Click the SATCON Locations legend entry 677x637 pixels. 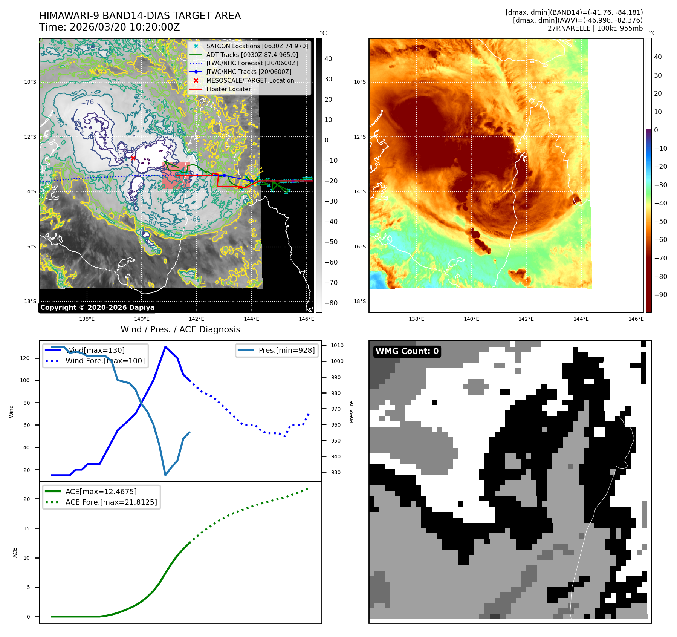coord(257,46)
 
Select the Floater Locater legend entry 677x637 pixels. coord(228,89)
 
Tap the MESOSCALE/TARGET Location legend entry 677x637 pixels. coord(250,81)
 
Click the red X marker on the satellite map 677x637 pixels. coord(133,158)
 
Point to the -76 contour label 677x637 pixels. coord(88,103)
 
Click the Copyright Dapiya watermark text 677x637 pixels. coord(97,308)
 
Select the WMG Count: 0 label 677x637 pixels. coord(407,351)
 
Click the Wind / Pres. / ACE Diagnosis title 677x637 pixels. coord(180,329)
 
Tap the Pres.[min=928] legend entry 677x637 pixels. coord(286,351)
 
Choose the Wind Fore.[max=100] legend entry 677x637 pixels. coord(105,361)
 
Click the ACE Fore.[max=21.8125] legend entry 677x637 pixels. coord(111,502)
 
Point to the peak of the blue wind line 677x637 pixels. coord(165,346)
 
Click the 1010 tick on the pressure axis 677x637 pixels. coord(337,345)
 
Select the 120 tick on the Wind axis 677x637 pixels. coord(25,358)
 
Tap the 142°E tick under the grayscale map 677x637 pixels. coord(196,319)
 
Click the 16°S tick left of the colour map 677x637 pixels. coord(359,247)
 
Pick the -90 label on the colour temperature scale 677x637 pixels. coord(660,295)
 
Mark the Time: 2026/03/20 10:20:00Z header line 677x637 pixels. coord(110,28)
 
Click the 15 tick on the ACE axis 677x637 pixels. coord(26,528)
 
